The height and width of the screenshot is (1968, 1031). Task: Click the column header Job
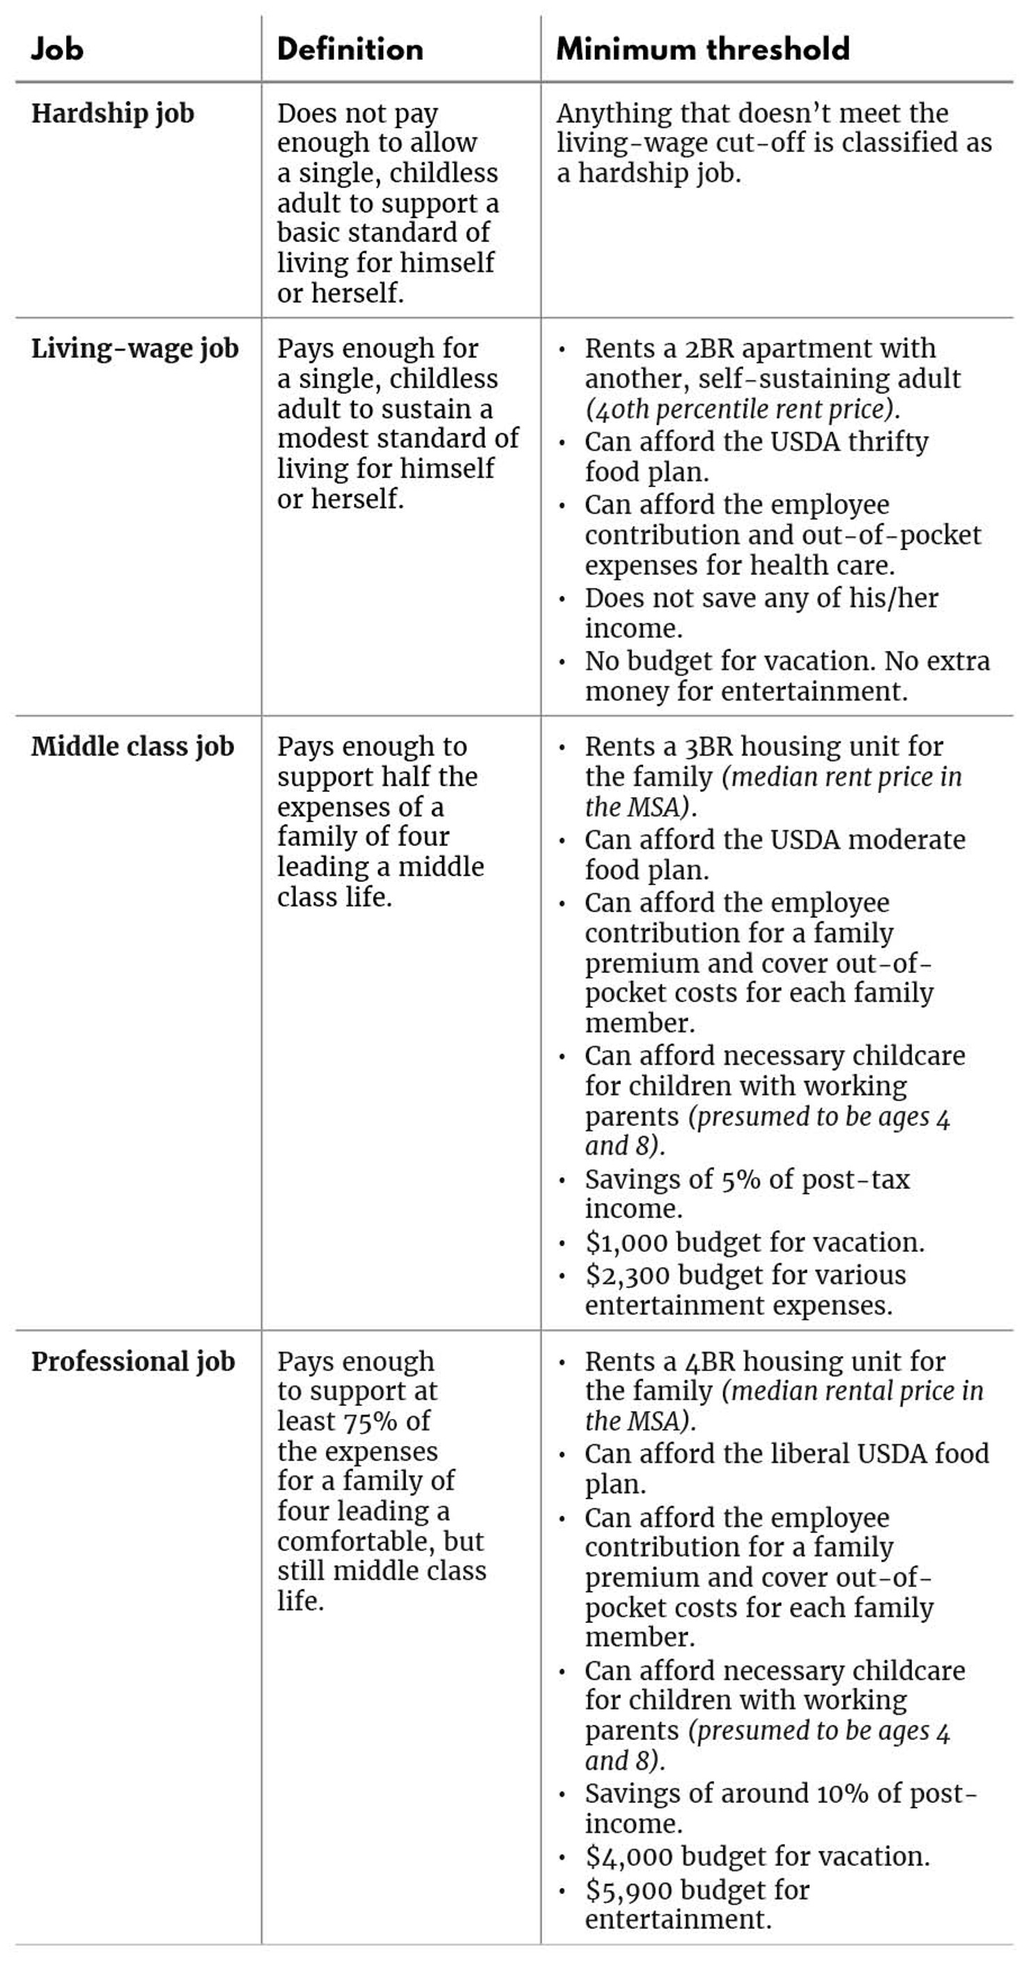pos(57,49)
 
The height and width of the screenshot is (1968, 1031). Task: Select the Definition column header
pos(350,49)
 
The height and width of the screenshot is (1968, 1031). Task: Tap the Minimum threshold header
pos(703,49)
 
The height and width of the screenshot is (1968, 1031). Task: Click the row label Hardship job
pos(113,114)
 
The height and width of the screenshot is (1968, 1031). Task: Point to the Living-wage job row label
pos(135,349)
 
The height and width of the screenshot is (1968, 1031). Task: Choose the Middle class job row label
pos(133,747)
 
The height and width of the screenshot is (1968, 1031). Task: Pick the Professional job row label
pos(134,1362)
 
